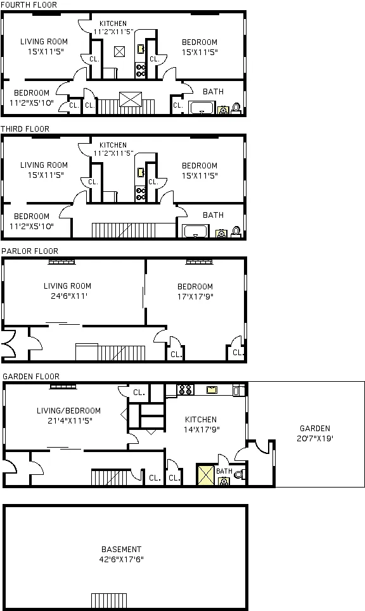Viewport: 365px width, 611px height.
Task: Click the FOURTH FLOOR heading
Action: tap(29, 5)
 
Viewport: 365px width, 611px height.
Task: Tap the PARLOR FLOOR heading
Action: tap(30, 251)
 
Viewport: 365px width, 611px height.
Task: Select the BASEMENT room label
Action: tap(121, 550)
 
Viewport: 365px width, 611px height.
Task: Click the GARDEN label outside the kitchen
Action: tap(315, 429)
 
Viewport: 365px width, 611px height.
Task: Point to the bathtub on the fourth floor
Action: tap(202, 108)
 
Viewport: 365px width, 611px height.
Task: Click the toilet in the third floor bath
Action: tap(236, 232)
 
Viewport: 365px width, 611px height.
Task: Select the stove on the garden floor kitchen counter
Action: tap(185, 390)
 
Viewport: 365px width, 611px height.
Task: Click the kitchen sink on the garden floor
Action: tap(212, 390)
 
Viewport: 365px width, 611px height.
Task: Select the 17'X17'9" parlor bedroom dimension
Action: tap(195, 296)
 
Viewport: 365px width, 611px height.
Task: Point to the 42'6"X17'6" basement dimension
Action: tap(121, 559)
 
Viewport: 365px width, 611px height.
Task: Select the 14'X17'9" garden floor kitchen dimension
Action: tap(200, 429)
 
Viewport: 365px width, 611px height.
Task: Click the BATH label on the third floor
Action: tap(213, 215)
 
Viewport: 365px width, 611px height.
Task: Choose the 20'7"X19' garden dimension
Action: tap(315, 438)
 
